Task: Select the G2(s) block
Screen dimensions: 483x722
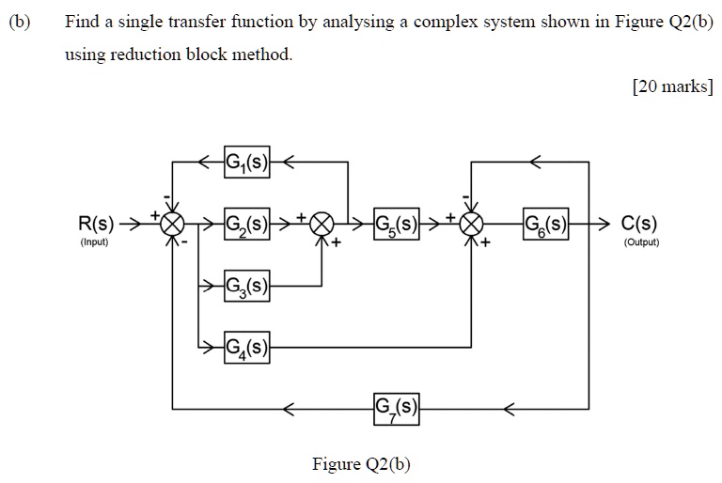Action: [247, 226]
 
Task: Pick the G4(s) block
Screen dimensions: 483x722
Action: [247, 347]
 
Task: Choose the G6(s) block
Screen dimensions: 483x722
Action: [546, 226]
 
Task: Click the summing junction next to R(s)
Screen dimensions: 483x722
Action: [173, 226]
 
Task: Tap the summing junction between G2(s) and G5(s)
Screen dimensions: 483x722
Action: [322, 226]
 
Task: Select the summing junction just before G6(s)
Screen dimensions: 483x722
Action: [471, 226]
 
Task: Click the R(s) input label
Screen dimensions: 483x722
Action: [97, 226]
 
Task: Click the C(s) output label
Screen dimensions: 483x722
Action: [639, 226]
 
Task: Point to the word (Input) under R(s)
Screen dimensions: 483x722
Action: [94, 242]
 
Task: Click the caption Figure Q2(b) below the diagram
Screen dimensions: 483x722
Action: [361, 464]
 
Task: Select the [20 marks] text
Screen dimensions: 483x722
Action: [673, 87]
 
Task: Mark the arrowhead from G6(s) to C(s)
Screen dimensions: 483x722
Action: [604, 226]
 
